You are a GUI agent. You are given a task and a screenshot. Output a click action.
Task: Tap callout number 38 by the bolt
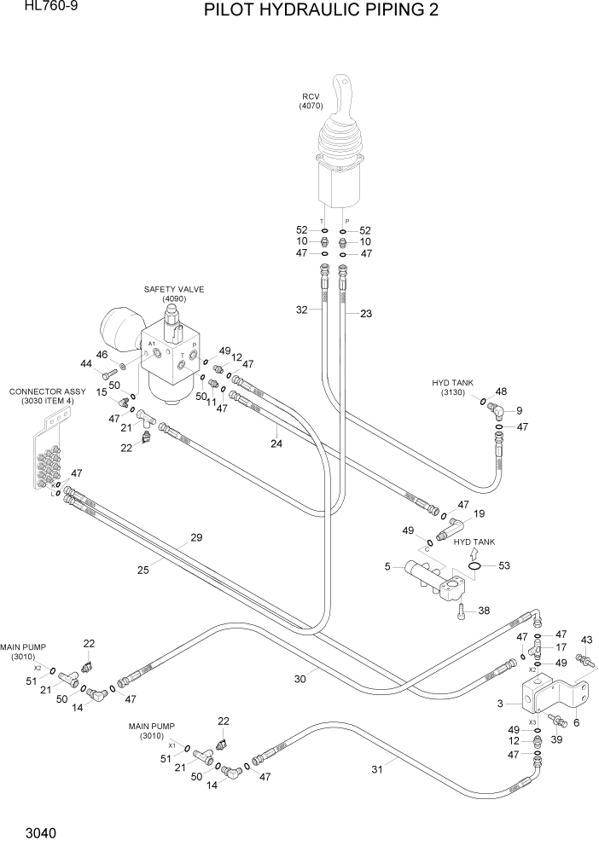click(x=484, y=611)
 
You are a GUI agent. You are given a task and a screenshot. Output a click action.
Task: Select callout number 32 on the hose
click(x=301, y=310)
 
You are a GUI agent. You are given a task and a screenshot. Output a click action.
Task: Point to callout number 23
click(x=366, y=314)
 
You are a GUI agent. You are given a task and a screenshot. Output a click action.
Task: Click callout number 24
click(x=276, y=443)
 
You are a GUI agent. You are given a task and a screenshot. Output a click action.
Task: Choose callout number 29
click(x=196, y=538)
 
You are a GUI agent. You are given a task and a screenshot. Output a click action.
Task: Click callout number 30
click(x=299, y=680)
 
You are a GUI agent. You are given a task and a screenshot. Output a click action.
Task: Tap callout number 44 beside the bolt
click(x=85, y=364)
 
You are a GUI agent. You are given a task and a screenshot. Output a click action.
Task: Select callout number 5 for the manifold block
click(x=387, y=565)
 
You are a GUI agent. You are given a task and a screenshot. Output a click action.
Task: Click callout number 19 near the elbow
click(x=479, y=513)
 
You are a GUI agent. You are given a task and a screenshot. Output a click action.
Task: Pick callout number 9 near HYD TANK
click(x=519, y=410)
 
